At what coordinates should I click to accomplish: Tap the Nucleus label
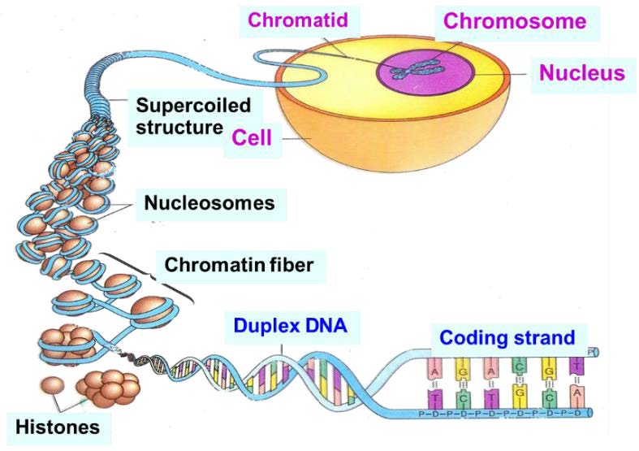[x=582, y=72]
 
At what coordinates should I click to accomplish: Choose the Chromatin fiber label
[x=239, y=264]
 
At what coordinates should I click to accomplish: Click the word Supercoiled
[x=193, y=106]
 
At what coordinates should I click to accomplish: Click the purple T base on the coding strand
[x=576, y=366]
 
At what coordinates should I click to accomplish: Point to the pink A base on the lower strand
[x=576, y=396]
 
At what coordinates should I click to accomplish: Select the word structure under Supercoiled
[x=179, y=127]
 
